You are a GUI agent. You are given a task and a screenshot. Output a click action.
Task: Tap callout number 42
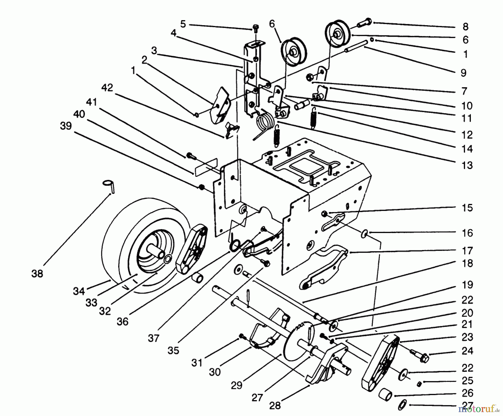coord(107,88)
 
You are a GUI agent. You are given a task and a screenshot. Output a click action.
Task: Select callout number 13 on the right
coord(467,165)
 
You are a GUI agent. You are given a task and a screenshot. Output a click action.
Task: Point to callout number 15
coord(467,208)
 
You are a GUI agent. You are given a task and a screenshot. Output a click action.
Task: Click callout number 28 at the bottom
coord(275,405)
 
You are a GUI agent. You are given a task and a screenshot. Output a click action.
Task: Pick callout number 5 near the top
coord(183,24)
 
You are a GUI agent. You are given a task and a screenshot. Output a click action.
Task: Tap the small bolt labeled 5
coord(255,27)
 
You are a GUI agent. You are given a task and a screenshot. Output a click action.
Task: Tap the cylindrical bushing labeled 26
coord(385,396)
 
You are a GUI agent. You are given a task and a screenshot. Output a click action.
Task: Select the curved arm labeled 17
coord(324,266)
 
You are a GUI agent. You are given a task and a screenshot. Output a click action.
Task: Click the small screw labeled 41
coord(190,155)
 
